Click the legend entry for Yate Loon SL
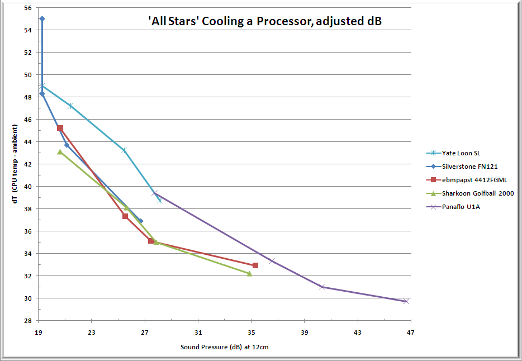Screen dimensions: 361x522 (x=461, y=153)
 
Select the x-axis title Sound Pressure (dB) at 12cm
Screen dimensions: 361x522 (x=225, y=347)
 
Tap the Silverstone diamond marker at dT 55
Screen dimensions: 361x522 (x=42, y=18)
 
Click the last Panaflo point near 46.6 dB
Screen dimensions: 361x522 (x=406, y=301)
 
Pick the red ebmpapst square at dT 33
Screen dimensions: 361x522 (x=255, y=265)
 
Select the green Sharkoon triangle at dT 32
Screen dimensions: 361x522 (x=249, y=273)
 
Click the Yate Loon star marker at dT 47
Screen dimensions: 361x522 (x=70, y=106)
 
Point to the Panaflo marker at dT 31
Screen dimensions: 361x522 (x=322, y=287)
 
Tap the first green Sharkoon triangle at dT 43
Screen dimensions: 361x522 (x=60, y=151)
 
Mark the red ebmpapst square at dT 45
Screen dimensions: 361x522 (x=60, y=128)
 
